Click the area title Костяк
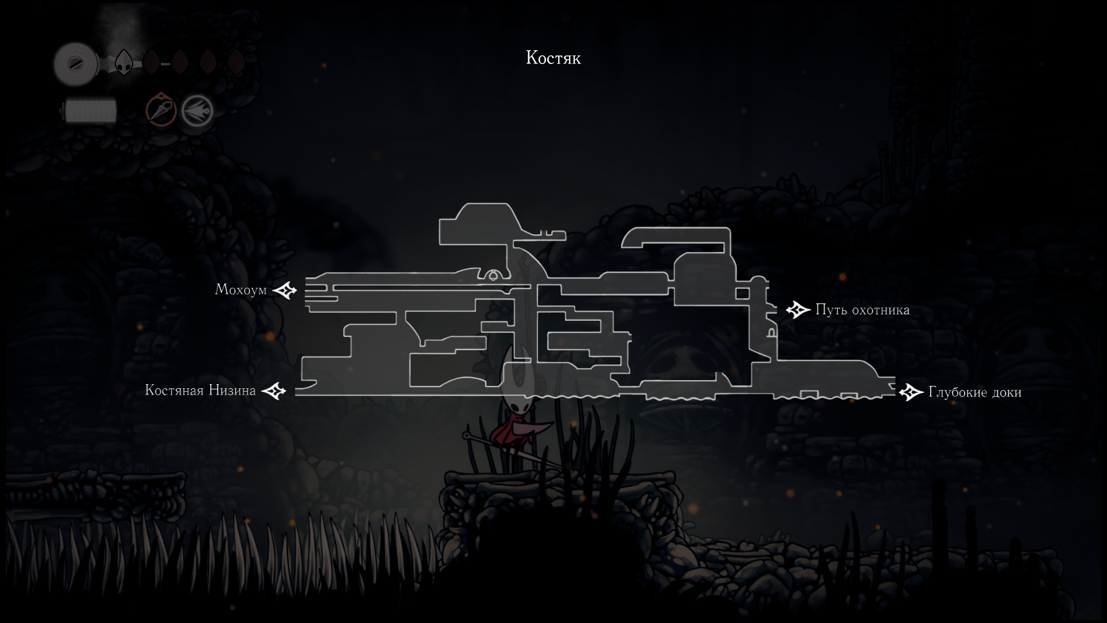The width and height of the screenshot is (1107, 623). pos(553,58)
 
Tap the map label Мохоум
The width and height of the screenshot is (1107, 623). pos(240,290)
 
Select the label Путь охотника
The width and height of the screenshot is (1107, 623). pos(862,310)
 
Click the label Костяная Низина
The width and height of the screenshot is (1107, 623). pos(200,391)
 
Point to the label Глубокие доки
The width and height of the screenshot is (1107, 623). pos(974,393)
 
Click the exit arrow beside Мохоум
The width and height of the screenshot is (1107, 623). pos(284,290)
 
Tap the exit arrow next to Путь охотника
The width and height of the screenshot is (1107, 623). pos(798,310)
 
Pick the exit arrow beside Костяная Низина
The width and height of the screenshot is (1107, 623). pos(274,391)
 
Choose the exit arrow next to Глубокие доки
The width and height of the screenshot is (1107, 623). pos(911,393)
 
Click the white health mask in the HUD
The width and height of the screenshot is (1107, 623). pos(123,62)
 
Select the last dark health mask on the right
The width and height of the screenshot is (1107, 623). pos(235,62)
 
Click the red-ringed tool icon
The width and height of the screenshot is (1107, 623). pos(160,110)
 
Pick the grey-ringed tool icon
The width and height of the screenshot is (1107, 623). pos(197,111)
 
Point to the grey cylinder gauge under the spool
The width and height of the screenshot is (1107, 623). pos(91,111)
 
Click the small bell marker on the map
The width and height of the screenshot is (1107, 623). pos(494,276)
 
